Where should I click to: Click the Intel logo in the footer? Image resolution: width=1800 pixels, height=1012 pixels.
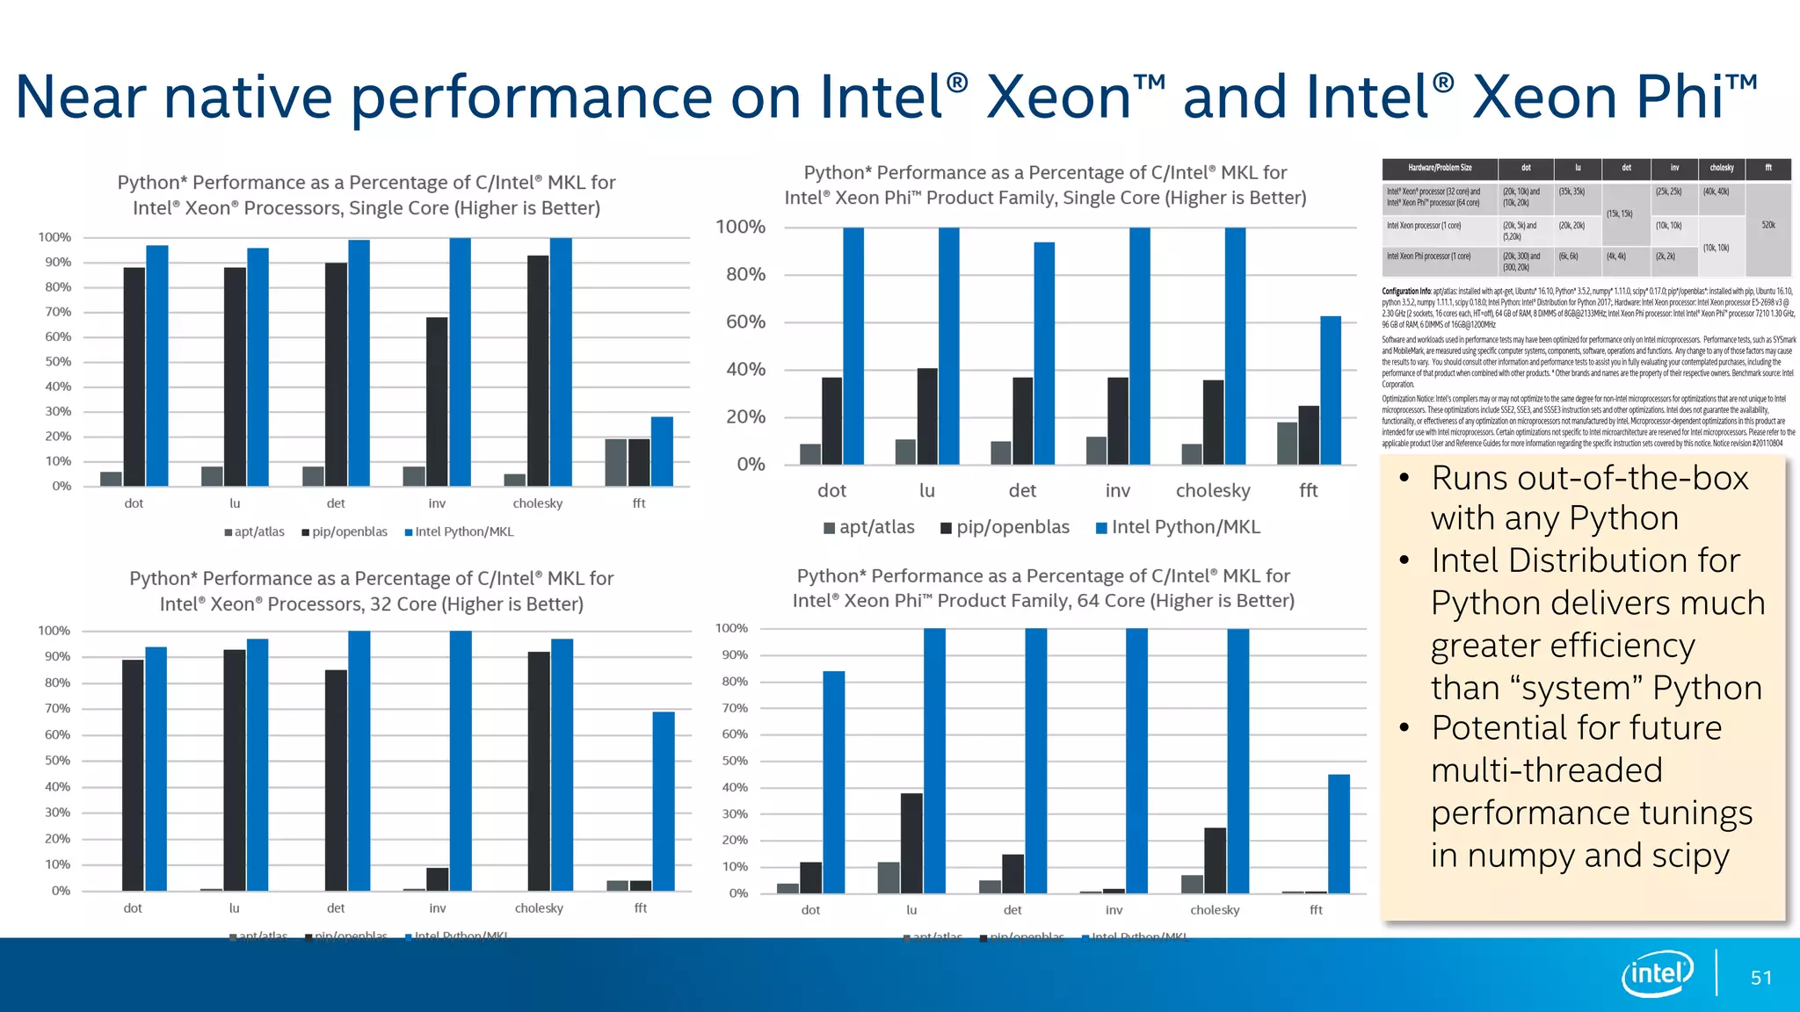click(x=1658, y=973)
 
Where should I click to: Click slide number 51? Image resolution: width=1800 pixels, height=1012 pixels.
click(x=1761, y=978)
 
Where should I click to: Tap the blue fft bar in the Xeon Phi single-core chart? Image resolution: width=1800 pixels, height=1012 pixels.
click(x=1331, y=390)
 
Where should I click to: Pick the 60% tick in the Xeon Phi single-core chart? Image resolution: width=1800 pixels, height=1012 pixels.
click(x=745, y=322)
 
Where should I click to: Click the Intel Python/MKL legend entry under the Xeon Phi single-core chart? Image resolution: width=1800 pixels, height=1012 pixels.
click(x=1178, y=527)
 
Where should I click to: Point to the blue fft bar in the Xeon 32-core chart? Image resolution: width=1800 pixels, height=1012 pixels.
click(x=664, y=800)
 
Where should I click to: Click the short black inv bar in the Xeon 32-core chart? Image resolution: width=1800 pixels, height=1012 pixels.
click(x=437, y=878)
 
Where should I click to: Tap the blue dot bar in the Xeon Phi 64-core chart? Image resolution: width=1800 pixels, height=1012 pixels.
click(x=833, y=782)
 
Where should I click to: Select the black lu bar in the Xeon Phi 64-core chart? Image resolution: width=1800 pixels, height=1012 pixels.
click(x=911, y=842)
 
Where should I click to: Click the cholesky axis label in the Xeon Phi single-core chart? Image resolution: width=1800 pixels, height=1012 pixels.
click(x=1213, y=491)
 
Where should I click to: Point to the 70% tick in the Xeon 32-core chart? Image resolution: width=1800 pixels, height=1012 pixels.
click(x=58, y=709)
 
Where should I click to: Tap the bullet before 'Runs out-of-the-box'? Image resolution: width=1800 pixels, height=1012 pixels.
click(x=1404, y=478)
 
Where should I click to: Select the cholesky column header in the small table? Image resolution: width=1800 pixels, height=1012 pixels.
click(x=1721, y=168)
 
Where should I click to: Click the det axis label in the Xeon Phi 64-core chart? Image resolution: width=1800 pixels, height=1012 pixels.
click(x=1012, y=910)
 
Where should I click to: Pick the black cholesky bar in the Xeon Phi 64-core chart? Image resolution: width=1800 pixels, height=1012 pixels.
click(x=1215, y=860)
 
